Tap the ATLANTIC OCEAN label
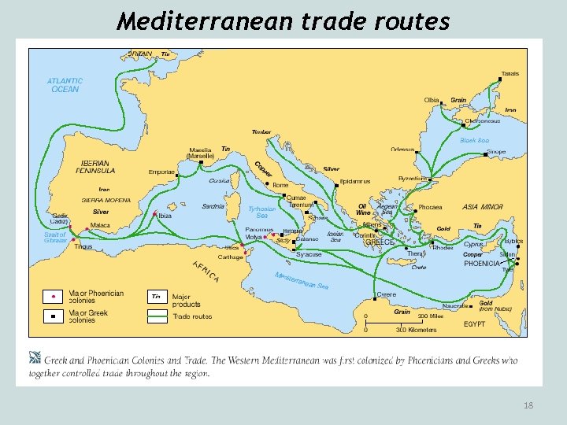(65, 85)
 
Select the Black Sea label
(474, 140)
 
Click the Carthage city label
(231, 257)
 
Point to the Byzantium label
(413, 179)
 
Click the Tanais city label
(510, 74)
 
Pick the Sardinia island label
(213, 207)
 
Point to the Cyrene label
(387, 294)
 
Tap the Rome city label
(280, 185)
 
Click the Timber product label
(261, 131)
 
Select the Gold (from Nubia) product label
(495, 306)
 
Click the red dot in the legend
(53, 297)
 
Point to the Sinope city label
(496, 152)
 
